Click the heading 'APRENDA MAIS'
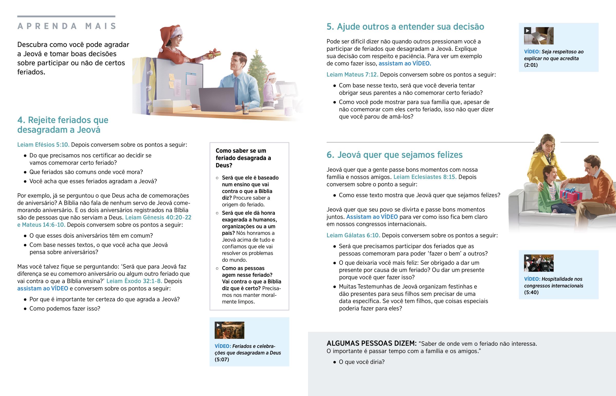(x=67, y=26)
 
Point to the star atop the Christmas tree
(x=256, y=52)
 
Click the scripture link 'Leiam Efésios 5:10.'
(x=43, y=145)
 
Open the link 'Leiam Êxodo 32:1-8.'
(x=134, y=281)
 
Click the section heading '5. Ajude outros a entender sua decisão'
(x=405, y=27)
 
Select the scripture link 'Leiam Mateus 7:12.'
(x=352, y=75)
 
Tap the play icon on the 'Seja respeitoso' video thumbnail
(x=527, y=31)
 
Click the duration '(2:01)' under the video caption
(x=531, y=65)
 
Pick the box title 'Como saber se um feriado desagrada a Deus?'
(x=243, y=158)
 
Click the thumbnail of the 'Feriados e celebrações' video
(x=229, y=330)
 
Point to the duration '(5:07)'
(x=222, y=360)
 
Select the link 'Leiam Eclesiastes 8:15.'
(x=425, y=177)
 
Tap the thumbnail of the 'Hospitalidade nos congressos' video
(x=538, y=263)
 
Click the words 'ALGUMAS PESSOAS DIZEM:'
(x=371, y=344)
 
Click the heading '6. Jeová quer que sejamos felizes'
(x=394, y=155)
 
